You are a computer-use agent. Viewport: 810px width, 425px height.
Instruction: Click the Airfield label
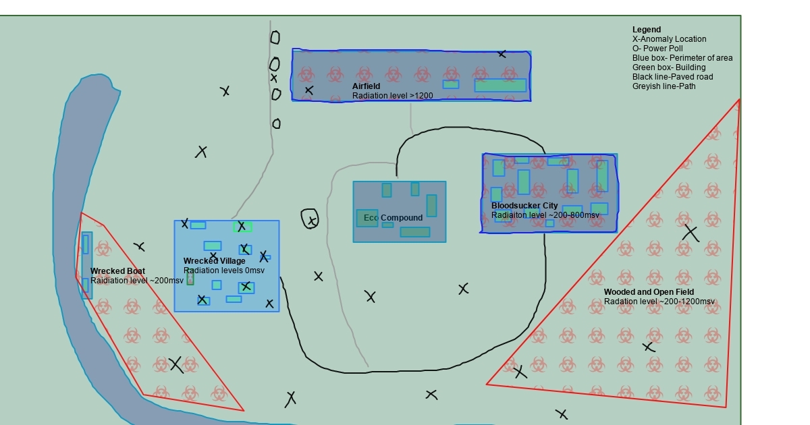(x=366, y=86)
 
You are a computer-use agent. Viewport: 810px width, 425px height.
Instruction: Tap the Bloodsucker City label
(x=524, y=206)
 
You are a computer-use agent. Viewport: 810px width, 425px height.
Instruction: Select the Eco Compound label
(x=393, y=218)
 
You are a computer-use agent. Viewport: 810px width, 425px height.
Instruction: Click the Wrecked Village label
(x=215, y=261)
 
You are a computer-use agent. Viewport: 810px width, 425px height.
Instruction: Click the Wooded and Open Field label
(x=649, y=292)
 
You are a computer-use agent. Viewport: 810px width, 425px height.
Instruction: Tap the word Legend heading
(x=647, y=30)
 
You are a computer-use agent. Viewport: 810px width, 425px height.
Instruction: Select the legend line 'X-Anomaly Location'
(x=669, y=39)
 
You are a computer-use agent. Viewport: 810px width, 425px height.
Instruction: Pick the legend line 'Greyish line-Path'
(x=664, y=86)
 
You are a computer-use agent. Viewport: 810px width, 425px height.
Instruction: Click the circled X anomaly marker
(x=310, y=219)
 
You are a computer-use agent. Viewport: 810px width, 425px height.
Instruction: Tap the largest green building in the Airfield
(x=500, y=86)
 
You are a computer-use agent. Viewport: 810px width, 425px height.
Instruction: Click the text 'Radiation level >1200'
(x=392, y=96)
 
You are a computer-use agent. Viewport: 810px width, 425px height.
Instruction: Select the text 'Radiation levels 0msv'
(x=224, y=271)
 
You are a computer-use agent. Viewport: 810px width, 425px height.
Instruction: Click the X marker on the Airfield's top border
(x=502, y=54)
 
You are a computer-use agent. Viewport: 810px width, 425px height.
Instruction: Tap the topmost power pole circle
(x=275, y=38)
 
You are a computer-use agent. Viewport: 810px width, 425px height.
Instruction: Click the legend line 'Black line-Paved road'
(x=672, y=77)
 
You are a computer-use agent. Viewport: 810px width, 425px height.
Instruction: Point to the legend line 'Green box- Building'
(x=668, y=67)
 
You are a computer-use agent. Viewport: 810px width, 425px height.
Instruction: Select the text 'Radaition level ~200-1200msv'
(x=659, y=302)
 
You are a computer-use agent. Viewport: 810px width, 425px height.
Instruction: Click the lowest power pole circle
(x=276, y=123)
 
